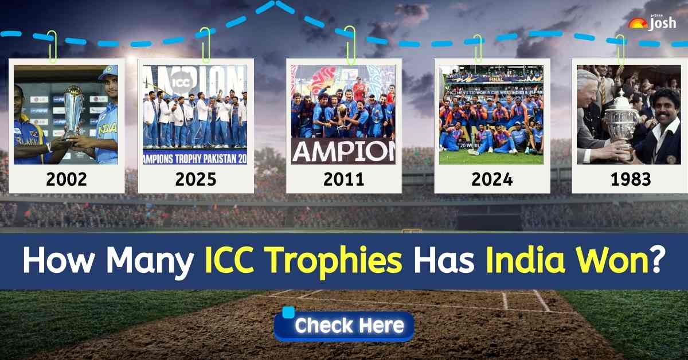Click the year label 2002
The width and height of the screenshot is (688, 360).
(67, 179)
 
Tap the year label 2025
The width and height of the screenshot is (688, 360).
(196, 179)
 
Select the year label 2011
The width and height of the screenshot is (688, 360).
(343, 179)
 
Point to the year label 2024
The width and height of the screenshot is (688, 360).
(492, 179)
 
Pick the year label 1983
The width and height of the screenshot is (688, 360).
(630, 179)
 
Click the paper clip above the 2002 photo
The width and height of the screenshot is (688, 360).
(52, 46)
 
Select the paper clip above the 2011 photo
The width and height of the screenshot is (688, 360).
(350, 46)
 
